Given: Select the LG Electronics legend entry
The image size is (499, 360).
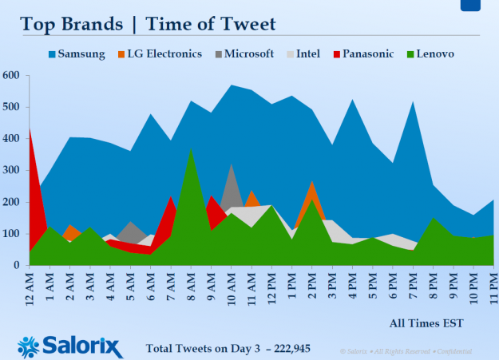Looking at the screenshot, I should [160, 54].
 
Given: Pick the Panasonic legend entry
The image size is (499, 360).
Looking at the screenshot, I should [361, 54].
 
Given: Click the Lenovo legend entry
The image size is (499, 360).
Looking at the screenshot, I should [430, 54].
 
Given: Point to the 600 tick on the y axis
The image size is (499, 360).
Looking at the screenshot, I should [12, 76].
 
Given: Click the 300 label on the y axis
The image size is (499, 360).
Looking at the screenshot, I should [12, 170].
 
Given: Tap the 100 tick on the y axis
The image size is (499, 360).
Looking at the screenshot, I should [12, 233].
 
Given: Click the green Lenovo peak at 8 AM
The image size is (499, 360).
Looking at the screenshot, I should [190, 160].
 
